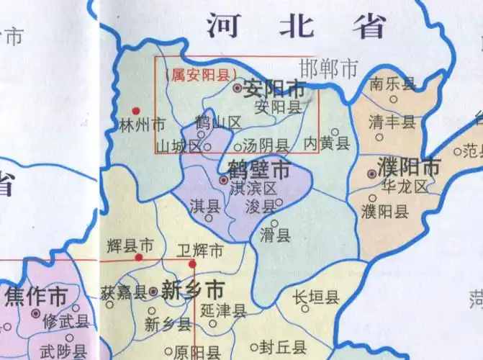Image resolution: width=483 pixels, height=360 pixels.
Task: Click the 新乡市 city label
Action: pos(192,291)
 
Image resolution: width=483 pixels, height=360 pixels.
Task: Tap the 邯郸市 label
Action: pos(328,69)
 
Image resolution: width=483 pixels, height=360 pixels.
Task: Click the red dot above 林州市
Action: pos(135,111)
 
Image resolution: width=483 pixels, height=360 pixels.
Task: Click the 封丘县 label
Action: pos(283,344)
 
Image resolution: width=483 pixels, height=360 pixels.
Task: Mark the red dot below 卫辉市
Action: pos(192,264)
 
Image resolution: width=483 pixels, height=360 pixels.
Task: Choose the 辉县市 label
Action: pos(129,245)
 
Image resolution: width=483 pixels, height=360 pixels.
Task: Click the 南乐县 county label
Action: pos(392,84)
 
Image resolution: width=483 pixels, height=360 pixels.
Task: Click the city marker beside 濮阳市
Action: pos(371,174)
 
